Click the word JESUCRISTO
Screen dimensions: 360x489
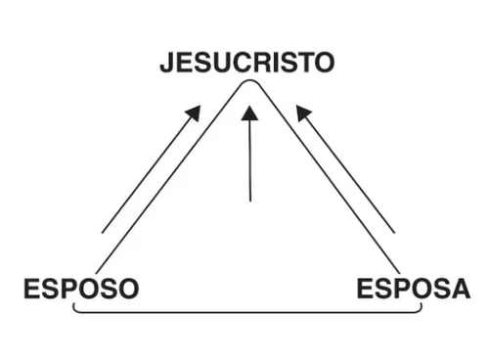coord(247,64)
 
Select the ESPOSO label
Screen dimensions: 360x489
coord(80,290)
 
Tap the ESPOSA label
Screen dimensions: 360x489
coord(413,290)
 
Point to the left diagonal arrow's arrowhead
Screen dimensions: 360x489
coord(193,113)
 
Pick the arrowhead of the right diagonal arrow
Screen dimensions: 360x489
coord(304,113)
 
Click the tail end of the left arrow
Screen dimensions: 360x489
coord(103,232)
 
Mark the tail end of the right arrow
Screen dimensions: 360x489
coord(394,232)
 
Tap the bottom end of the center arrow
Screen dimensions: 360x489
coord(249,201)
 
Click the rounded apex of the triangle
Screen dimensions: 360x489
coord(249,85)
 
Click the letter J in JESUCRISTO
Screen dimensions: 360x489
coord(167,64)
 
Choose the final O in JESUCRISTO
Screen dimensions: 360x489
coord(323,64)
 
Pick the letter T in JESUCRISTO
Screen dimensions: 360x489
coord(303,64)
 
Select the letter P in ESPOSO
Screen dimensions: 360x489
coord(70,290)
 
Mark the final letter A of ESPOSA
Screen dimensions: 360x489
coord(460,290)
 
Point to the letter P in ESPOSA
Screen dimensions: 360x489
coord(404,290)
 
